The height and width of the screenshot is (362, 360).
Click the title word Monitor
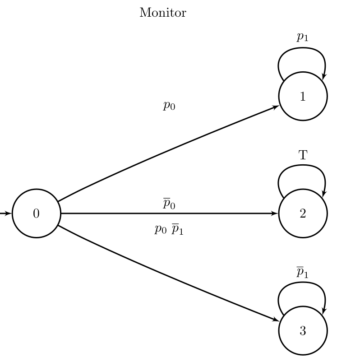pyautogui.click(x=162, y=13)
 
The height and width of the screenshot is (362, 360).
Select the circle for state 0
pyautogui.click(x=36, y=213)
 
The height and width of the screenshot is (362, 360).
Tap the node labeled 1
pyautogui.click(x=303, y=96)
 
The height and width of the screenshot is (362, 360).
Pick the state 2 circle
pyautogui.click(x=303, y=213)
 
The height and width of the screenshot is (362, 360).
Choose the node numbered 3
pyautogui.click(x=303, y=331)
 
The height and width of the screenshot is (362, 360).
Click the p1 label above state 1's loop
pyautogui.click(x=302, y=37)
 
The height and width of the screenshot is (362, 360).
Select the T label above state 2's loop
pyautogui.click(x=303, y=156)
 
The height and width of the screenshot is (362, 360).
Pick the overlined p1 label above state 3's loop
pyautogui.click(x=302, y=272)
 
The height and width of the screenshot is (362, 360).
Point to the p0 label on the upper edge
pyautogui.click(x=169, y=106)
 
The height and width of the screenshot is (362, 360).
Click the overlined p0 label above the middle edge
pyautogui.click(x=169, y=204)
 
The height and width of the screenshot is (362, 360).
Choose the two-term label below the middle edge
pyautogui.click(x=169, y=230)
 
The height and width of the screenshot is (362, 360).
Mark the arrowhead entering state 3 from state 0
pyautogui.click(x=276, y=320)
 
